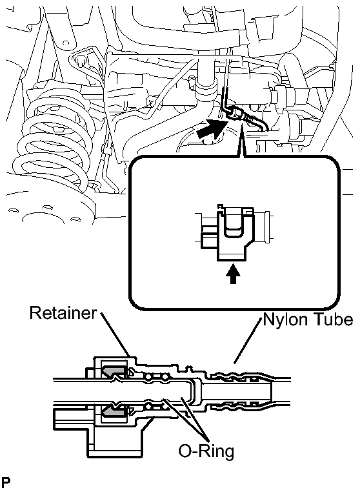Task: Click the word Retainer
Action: point(63,312)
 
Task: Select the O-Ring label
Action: point(206,451)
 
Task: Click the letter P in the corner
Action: point(6,482)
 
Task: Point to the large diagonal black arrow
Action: point(211,128)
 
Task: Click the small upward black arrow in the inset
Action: point(233,274)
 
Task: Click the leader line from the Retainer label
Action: point(115,334)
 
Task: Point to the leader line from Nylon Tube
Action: point(247,340)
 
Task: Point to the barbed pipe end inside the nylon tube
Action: point(238,391)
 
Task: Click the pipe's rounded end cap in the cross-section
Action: point(194,391)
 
